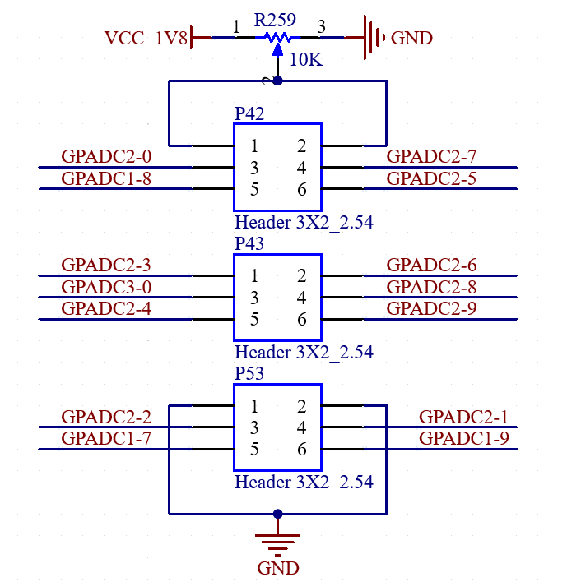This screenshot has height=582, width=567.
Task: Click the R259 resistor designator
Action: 275,20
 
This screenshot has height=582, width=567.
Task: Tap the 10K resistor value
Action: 306,59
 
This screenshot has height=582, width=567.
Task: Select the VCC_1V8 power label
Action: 146,38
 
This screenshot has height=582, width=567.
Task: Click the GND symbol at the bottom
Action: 277,545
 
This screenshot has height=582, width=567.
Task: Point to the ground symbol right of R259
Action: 374,37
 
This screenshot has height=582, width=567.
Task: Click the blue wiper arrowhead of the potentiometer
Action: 277,50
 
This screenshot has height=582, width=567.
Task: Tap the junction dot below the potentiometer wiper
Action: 277,81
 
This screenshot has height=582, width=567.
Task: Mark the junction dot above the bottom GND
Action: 277,514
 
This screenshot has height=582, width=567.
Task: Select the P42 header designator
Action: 249,113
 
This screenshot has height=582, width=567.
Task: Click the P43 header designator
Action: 249,243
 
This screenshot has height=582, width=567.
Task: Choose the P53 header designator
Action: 249,373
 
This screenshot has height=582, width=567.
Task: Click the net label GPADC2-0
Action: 106,156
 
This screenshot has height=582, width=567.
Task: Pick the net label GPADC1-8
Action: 106,178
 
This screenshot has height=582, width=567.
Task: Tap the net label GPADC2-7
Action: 431,156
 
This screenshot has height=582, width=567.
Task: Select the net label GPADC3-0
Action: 106,287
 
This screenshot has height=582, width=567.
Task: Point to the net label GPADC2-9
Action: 431,308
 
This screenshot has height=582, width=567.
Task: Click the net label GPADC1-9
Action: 464,438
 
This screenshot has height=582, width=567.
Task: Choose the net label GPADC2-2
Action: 106,417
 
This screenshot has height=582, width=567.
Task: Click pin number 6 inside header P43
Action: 302,319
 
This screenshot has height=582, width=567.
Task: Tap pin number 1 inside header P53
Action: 254,406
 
